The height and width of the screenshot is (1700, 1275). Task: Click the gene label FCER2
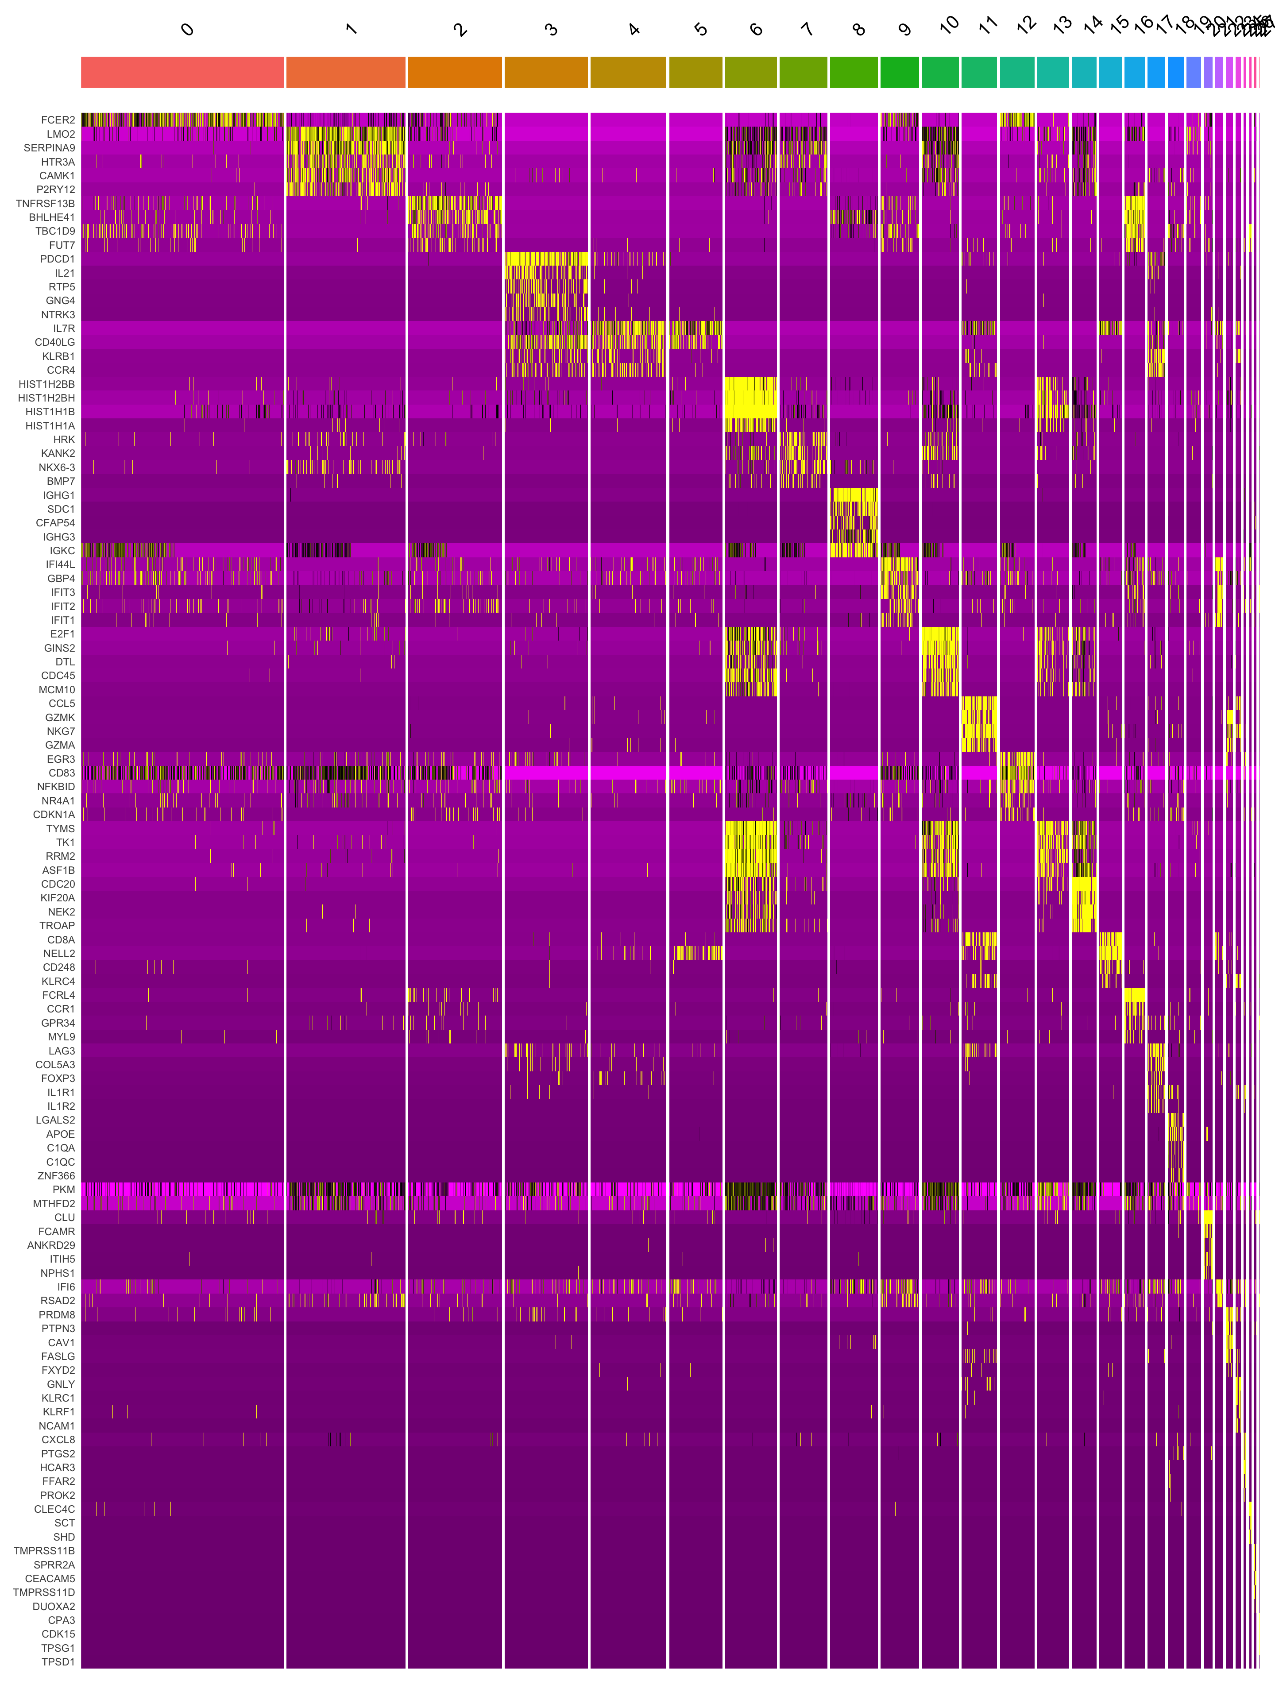point(58,120)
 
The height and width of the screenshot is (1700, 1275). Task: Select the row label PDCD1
point(58,259)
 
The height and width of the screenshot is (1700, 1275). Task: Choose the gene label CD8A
point(61,939)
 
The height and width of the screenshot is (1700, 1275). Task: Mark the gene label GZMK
point(60,717)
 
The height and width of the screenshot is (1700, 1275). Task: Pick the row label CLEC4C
point(54,1509)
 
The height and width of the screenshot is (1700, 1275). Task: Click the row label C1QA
point(61,1147)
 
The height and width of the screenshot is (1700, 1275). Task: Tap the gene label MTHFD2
point(54,1204)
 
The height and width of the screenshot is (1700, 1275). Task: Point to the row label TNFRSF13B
point(45,204)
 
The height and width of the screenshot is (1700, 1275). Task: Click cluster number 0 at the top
point(187,30)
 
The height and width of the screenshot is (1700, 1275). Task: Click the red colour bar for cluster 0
point(182,72)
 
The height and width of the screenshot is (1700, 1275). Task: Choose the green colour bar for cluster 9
point(899,72)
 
